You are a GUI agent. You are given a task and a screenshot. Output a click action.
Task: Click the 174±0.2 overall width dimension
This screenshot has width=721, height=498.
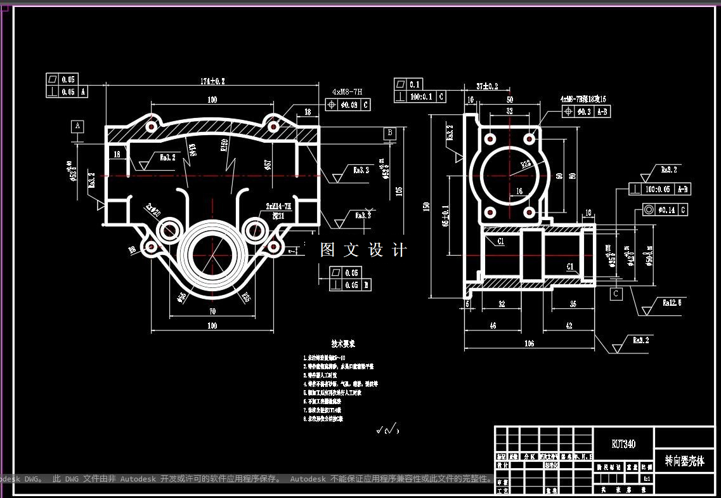[212, 81]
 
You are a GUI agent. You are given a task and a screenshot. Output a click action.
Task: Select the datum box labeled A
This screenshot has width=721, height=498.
[78, 126]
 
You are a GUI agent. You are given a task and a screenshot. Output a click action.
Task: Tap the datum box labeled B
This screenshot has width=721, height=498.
[390, 133]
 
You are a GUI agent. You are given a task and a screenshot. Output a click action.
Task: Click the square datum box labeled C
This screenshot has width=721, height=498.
[616, 294]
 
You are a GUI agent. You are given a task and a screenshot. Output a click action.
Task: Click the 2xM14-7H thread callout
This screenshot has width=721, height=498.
[278, 207]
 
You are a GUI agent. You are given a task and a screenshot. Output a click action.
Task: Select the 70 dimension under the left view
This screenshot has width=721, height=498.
[212, 311]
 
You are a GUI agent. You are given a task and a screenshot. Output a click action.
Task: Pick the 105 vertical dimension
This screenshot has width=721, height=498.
[399, 190]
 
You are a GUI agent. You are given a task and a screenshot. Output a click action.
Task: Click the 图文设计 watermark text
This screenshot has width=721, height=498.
[363, 250]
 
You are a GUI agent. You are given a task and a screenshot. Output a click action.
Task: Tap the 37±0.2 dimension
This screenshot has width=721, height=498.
[487, 86]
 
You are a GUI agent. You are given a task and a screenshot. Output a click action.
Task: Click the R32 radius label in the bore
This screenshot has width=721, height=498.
[526, 165]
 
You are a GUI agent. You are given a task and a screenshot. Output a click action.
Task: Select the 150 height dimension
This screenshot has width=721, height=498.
[427, 206]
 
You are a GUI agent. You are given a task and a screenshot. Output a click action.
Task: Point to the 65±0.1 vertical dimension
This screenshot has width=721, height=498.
[446, 216]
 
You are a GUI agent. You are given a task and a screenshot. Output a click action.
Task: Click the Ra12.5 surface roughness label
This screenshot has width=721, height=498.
[672, 303]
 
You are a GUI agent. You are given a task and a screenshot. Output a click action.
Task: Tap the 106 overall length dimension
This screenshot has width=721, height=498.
[529, 343]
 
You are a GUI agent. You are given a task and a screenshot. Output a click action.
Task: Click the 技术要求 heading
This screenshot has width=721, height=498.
[343, 343]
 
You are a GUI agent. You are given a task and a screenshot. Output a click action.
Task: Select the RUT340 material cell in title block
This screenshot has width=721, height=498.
[623, 444]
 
